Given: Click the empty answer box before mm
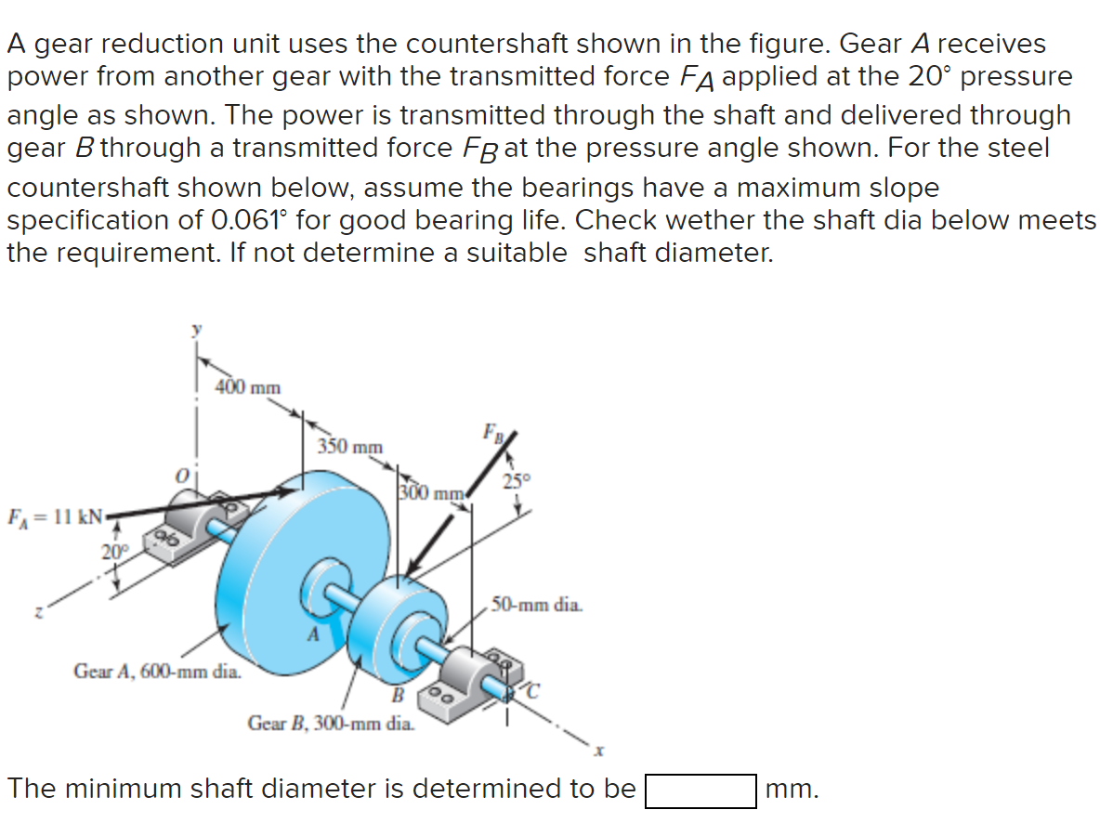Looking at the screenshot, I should point(701,791).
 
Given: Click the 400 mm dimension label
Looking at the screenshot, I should point(247,386).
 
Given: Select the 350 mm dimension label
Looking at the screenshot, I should point(350,447).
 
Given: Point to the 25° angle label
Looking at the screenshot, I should point(516,481).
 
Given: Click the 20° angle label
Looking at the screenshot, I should point(115,552).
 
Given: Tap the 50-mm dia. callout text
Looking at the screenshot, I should point(538,606).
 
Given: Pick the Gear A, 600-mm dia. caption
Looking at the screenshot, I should point(157,669).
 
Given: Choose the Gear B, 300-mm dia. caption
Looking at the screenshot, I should point(331,723).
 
